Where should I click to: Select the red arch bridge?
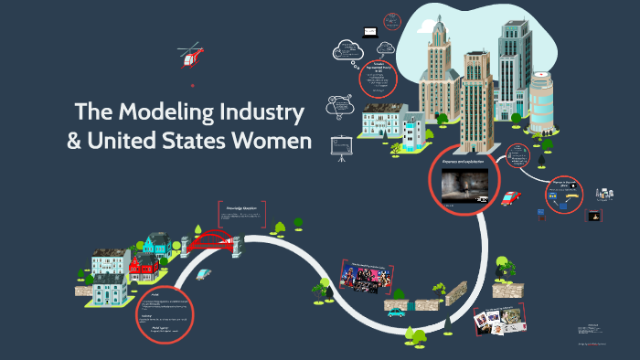click(x=213, y=241)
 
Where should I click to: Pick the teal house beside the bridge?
click(x=155, y=245)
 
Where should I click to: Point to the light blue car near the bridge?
click(x=203, y=273)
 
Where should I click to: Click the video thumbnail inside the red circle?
click(x=468, y=185)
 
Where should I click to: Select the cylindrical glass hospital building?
click(x=543, y=102)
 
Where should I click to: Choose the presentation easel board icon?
click(x=343, y=146)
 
